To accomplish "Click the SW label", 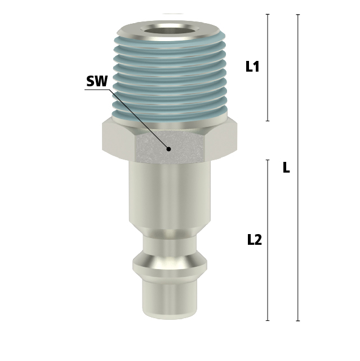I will (x=96, y=81).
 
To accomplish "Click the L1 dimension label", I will (x=252, y=67).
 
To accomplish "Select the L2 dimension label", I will (x=255, y=240).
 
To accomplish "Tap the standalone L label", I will (x=286, y=168).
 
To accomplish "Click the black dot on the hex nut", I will (x=168, y=149).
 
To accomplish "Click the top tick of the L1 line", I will (x=268, y=14).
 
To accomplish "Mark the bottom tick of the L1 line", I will (x=268, y=121).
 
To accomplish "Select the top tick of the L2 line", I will (x=268, y=160).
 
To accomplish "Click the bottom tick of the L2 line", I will (x=268, y=320).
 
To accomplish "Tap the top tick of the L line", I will (x=297, y=14).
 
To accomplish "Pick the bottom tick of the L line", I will (x=297, y=321).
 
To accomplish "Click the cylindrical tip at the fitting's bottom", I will (x=169, y=299).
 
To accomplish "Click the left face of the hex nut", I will (x=118, y=138).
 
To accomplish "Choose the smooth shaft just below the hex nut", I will (x=169, y=192).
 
